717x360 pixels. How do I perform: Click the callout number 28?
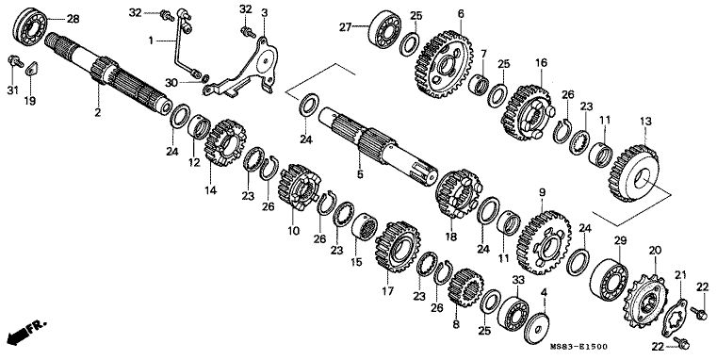tap(73, 19)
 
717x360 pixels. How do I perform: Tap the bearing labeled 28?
tap(31, 27)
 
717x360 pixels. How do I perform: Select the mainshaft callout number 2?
tap(97, 112)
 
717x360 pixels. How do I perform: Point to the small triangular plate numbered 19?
tap(31, 69)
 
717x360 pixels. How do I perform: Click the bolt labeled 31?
tap(16, 61)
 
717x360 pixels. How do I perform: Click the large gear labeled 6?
tap(444, 64)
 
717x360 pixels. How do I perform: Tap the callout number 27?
tap(345, 27)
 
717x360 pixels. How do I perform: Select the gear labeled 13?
tap(633, 173)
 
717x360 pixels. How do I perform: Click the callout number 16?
tap(541, 62)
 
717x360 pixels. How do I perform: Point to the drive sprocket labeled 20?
tap(645, 301)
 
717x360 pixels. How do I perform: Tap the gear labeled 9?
tap(545, 242)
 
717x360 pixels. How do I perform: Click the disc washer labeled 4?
tap(536, 328)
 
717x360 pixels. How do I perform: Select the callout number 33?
tap(518, 279)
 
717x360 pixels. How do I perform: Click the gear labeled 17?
tap(398, 247)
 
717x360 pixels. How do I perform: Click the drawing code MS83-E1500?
tap(578, 346)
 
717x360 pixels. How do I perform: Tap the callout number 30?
tap(171, 83)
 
